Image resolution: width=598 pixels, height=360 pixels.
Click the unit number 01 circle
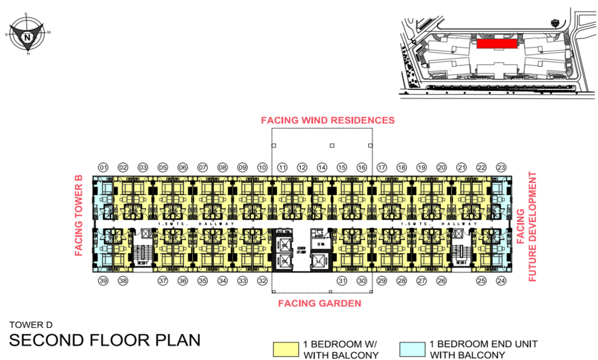click(x=103, y=168)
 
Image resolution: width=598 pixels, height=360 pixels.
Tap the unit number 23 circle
click(x=501, y=168)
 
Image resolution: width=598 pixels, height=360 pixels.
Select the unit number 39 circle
click(x=103, y=281)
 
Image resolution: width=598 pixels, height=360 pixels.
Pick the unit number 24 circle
click(x=501, y=281)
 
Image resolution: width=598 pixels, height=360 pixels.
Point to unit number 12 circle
click(x=302, y=168)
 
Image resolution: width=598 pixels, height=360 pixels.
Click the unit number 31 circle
click(x=342, y=281)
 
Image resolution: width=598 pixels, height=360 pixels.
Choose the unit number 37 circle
click(x=163, y=281)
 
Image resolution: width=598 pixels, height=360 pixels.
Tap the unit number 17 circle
click(x=382, y=168)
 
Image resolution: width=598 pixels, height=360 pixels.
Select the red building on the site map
click(x=496, y=44)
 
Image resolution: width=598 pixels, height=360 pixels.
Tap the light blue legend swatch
click(x=412, y=349)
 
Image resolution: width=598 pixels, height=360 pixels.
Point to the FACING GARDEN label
click(x=319, y=303)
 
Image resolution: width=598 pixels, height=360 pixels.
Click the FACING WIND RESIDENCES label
click(x=327, y=120)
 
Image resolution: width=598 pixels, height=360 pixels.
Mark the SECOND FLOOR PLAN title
click(x=105, y=340)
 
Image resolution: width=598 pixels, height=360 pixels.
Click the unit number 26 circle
click(x=441, y=281)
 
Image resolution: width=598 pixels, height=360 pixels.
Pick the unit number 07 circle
click(x=203, y=168)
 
